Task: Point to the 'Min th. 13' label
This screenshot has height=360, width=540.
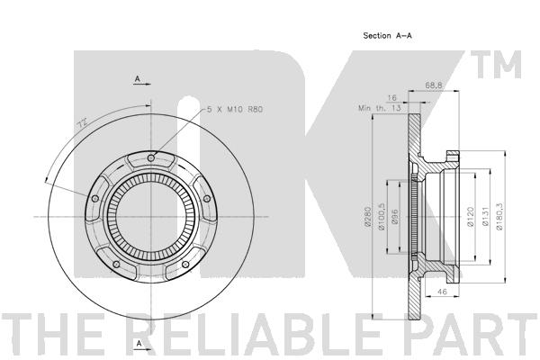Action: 377,108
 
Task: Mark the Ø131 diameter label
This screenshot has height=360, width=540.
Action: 484,216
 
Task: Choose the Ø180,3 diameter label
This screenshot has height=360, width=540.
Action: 499,216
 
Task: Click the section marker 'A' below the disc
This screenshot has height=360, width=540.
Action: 138,344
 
